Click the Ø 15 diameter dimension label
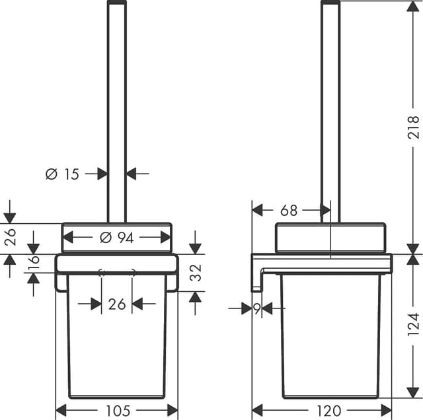[62, 174]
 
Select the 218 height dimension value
[413, 127]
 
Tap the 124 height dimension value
[413, 325]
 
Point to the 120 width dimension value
[328, 411]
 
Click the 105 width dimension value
[117, 411]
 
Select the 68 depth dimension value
[289, 211]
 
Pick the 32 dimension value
[196, 273]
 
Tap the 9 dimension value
[256, 308]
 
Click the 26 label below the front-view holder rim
[117, 304]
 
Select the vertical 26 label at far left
[10, 236]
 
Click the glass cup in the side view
[330, 337]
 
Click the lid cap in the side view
[330, 238]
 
